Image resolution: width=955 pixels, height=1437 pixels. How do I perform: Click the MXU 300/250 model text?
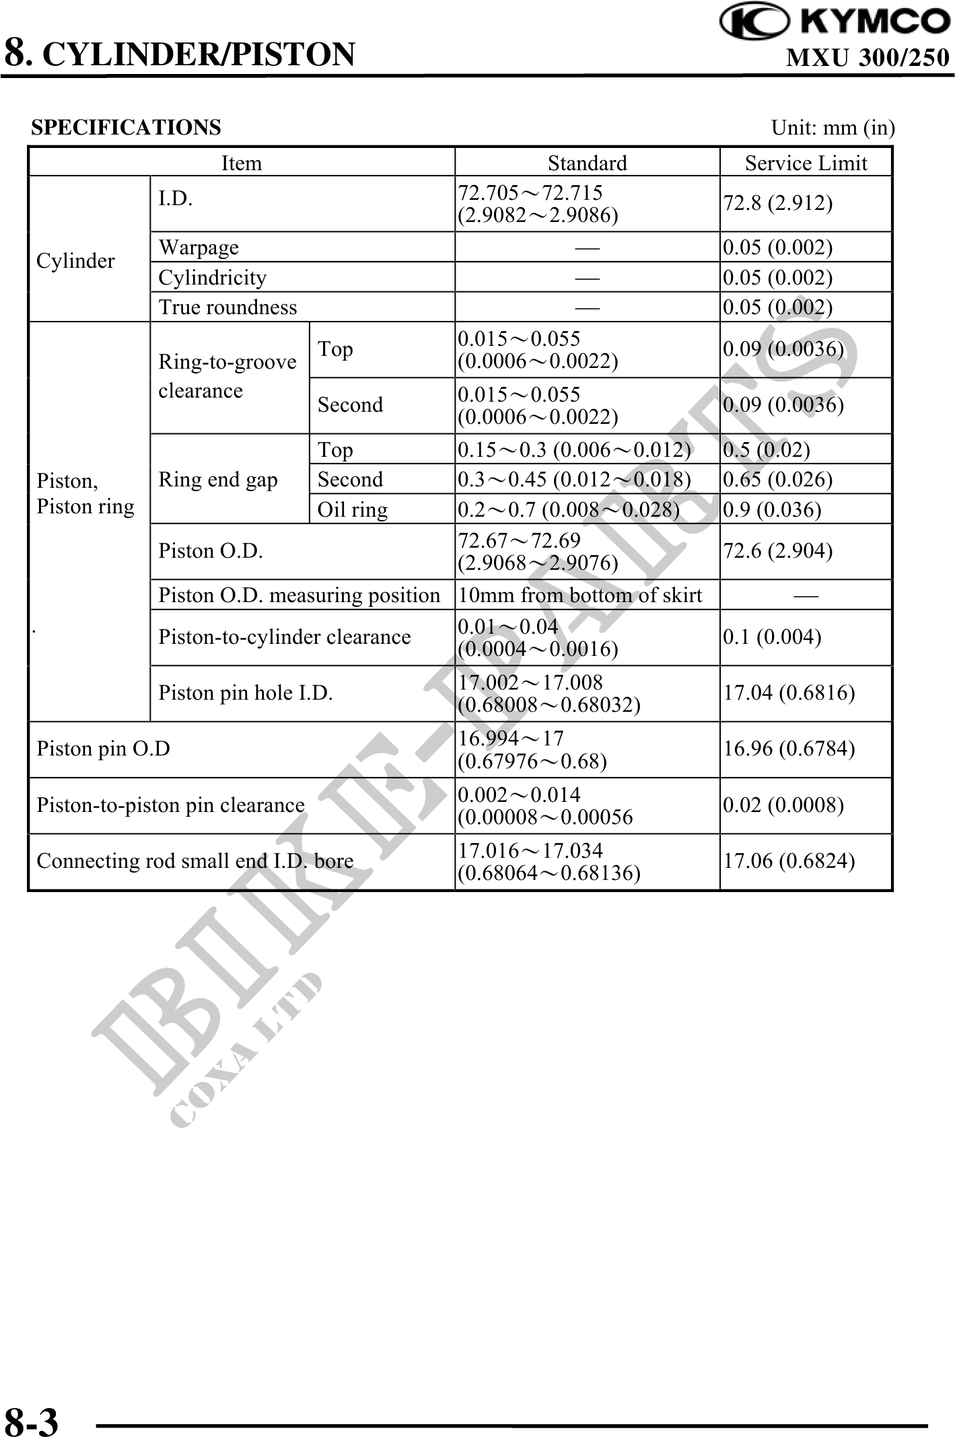(867, 58)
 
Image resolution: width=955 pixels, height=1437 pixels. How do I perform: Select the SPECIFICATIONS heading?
(126, 127)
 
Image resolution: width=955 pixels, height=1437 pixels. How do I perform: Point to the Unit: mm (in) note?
(833, 127)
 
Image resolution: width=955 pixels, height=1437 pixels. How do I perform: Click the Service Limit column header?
(806, 163)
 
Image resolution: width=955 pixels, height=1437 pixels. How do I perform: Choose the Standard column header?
(587, 163)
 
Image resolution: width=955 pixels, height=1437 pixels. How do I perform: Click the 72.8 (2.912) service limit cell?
(778, 203)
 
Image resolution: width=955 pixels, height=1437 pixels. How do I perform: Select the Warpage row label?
(199, 247)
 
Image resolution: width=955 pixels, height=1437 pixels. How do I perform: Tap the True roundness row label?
(227, 307)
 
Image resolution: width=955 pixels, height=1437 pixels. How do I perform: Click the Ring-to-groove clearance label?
(227, 376)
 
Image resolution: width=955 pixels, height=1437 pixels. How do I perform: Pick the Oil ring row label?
(352, 509)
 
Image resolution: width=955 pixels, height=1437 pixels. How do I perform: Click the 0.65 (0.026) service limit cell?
(778, 479)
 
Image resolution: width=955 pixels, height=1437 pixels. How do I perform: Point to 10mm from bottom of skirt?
(579, 595)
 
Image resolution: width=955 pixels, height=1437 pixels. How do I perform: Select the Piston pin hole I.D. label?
(246, 693)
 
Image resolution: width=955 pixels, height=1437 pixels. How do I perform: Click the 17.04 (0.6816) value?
(789, 693)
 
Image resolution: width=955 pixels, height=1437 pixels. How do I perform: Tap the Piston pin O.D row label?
(103, 749)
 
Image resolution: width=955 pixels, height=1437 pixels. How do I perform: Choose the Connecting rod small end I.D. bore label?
(195, 861)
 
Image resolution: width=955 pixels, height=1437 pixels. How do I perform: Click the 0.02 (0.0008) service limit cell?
(783, 805)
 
